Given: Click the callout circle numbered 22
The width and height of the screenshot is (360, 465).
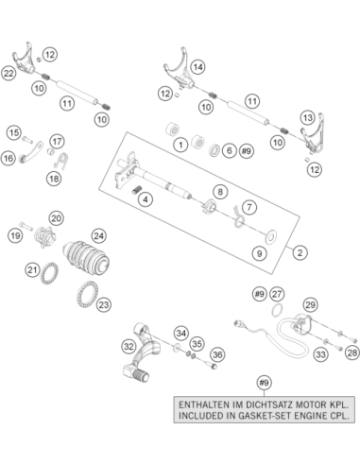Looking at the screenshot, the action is point(9,74).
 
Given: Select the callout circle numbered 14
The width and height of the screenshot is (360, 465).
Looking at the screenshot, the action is point(197,67).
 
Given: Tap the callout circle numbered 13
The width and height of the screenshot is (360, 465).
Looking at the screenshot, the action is point(307,118).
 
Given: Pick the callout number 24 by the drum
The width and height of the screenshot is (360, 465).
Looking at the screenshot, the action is point(98,236).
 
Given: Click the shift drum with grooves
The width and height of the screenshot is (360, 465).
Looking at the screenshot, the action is point(86,259).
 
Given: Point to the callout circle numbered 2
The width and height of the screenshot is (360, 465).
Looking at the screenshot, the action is point(300,252).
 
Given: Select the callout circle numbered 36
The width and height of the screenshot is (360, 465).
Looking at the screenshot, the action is point(217,355).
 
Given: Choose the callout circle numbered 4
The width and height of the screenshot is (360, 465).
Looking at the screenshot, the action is point(146,199).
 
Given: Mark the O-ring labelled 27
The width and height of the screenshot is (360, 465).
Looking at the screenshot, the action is point(277,310).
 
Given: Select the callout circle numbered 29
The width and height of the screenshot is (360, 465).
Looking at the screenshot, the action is point(310,304).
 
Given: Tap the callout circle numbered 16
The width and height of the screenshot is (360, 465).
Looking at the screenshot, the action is point(9,158).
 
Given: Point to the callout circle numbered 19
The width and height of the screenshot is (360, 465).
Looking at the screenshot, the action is point(15,235).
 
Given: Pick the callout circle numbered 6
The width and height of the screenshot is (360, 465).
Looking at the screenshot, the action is point(230,151).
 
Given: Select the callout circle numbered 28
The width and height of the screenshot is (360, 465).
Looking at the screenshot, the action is point(351,353).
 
